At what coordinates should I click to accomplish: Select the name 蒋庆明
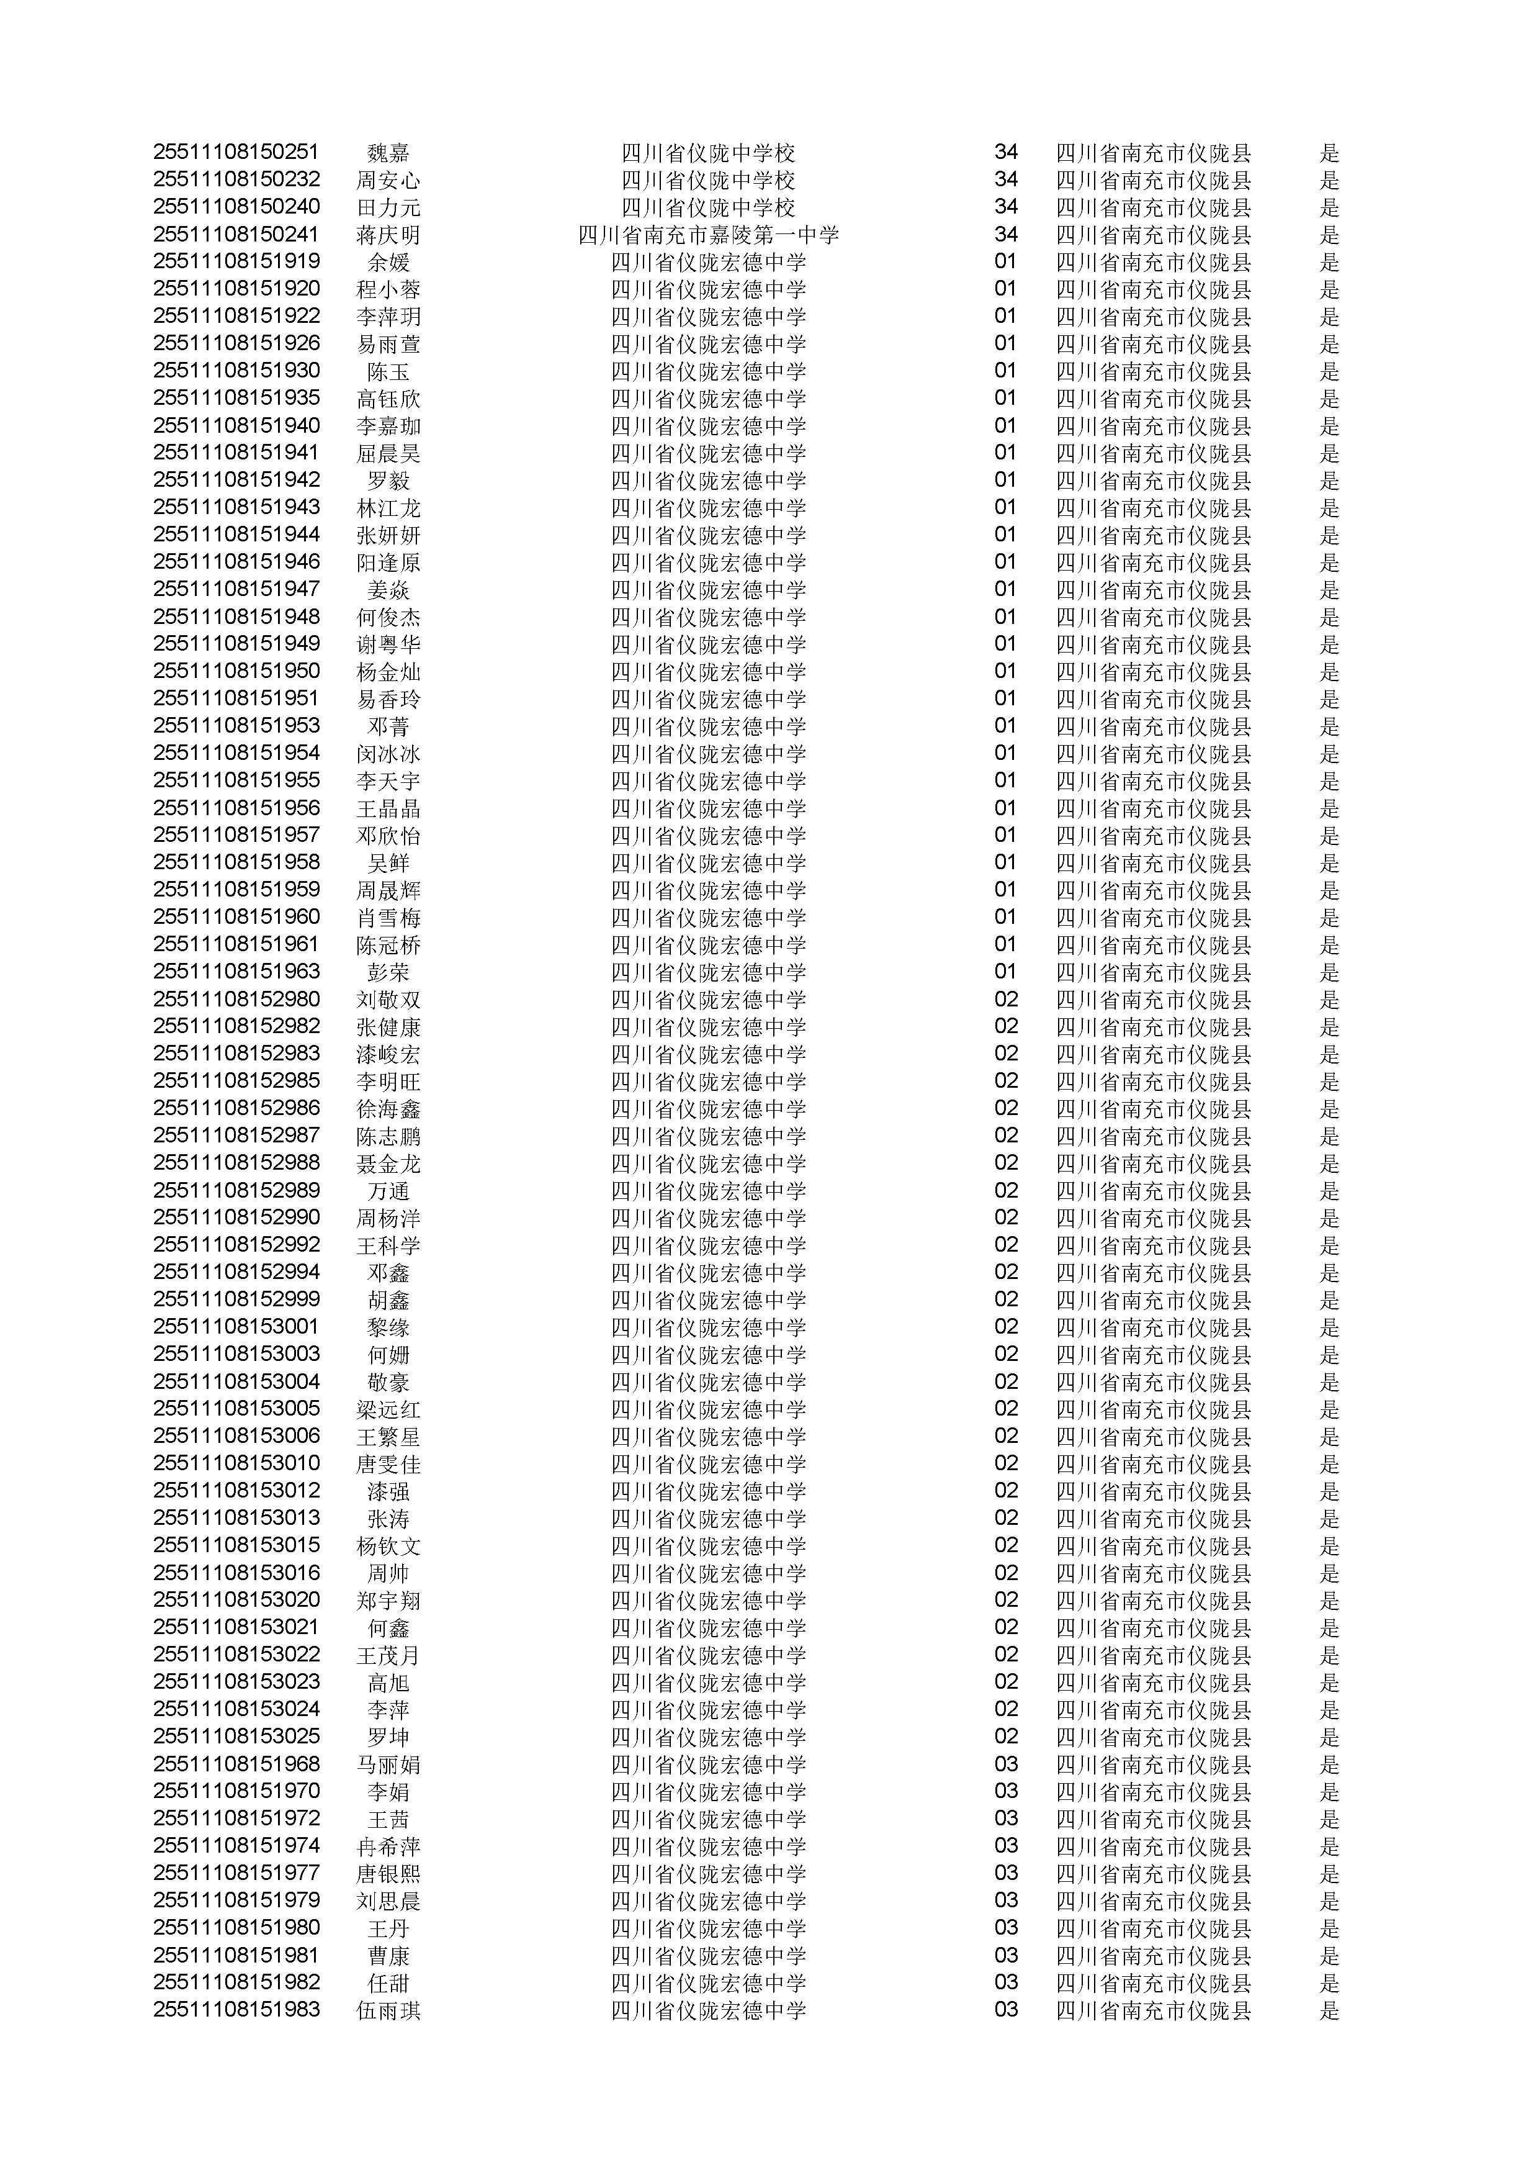pos(388,234)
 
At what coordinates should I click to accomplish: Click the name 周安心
pos(388,179)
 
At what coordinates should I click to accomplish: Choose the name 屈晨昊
pos(388,453)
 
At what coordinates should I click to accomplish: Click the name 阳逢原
pos(388,562)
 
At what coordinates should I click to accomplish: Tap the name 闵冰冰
pos(388,753)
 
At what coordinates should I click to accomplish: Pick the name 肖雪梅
pos(388,916)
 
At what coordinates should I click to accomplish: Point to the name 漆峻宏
pos(388,1054)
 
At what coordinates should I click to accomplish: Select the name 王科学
pos(388,1245)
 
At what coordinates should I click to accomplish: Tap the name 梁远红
pos(388,1409)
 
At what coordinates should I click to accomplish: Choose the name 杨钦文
pos(388,1545)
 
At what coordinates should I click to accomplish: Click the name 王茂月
pos(388,1655)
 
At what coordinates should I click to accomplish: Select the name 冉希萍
pos(388,1846)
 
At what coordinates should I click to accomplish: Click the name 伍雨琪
pos(388,2010)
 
